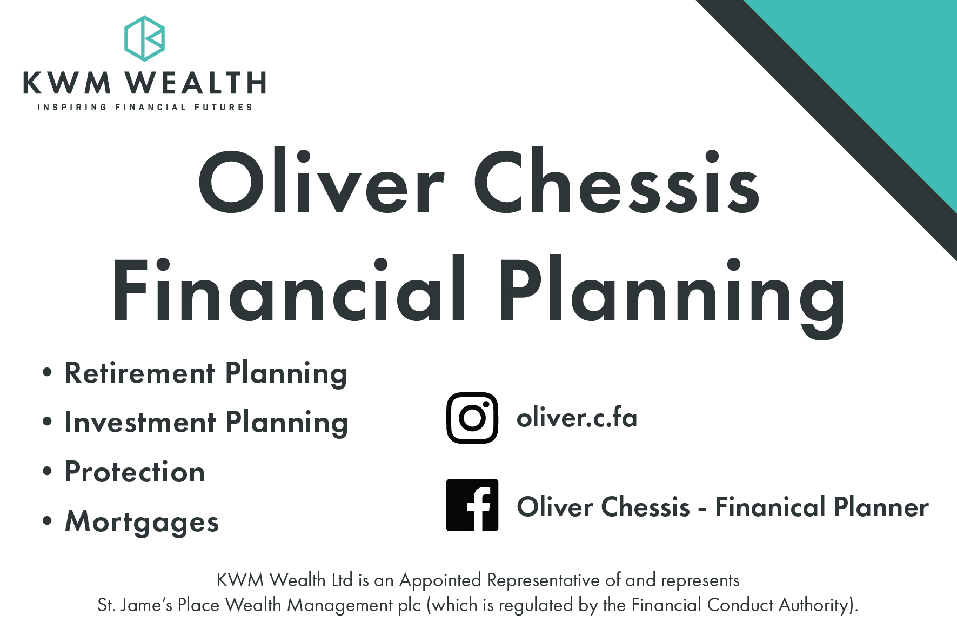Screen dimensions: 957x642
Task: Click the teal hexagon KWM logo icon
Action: (144, 38)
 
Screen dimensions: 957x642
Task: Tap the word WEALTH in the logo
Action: (196, 83)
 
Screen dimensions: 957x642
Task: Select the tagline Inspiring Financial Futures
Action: (145, 107)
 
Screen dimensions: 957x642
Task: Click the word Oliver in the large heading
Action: (322, 182)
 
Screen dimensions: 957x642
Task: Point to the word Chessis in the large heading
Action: (617, 182)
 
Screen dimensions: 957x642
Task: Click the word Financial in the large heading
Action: (289, 289)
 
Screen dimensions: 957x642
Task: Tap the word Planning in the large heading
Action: (672, 296)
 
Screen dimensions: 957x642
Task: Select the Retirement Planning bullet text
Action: (206, 374)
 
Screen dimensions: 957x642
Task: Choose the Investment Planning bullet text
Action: (206, 423)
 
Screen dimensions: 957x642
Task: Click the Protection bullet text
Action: (135, 472)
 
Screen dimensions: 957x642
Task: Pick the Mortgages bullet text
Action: (142, 522)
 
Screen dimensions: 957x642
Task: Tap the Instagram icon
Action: (472, 418)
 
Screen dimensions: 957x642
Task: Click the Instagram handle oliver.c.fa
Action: (577, 418)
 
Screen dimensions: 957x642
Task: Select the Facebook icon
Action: (472, 505)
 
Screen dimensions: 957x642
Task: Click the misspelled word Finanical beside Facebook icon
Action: (770, 507)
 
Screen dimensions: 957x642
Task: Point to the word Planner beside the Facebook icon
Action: (881, 507)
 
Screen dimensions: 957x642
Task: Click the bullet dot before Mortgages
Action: (48, 521)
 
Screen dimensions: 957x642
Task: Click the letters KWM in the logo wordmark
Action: (68, 83)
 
